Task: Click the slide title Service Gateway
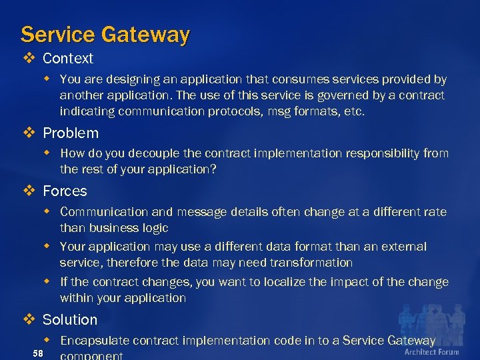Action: [x=105, y=34]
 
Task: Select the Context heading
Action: [x=68, y=59]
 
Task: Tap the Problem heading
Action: [x=71, y=133]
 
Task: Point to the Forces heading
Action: [x=65, y=191]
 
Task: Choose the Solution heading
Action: [x=70, y=320]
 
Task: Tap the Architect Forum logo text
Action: [x=431, y=352]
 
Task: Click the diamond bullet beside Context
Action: [x=28, y=59]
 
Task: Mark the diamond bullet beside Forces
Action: [x=28, y=191]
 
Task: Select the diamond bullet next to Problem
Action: [x=28, y=133]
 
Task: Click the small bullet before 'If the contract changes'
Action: [x=47, y=281]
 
